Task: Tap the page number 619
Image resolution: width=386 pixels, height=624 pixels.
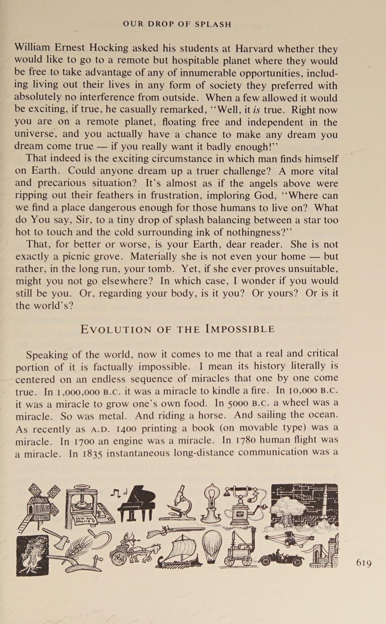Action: coord(363,563)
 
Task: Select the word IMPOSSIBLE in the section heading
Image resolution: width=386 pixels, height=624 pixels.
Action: coord(240,329)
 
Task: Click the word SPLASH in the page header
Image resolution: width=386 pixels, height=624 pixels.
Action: coord(213,24)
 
